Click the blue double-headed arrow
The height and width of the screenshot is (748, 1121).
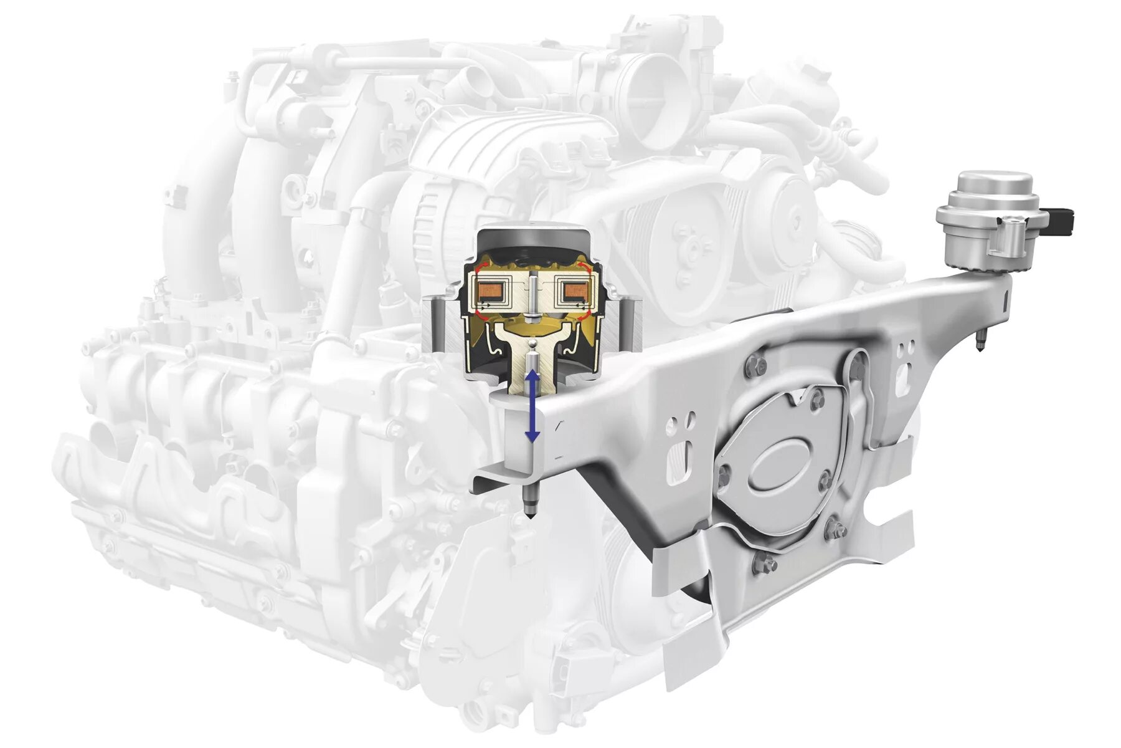532,406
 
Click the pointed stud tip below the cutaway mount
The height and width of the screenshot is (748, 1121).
529,514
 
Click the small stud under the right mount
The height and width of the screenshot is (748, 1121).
980,342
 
